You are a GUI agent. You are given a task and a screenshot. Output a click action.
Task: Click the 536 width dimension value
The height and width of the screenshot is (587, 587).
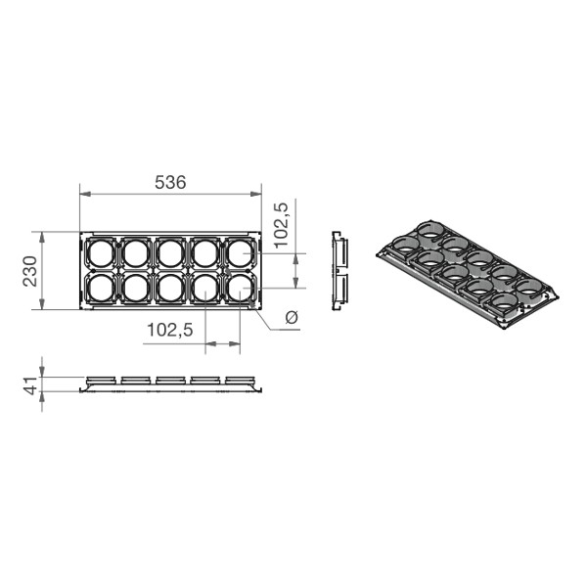click(170, 182)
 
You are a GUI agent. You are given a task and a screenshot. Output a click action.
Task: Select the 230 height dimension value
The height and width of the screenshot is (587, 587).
click(30, 271)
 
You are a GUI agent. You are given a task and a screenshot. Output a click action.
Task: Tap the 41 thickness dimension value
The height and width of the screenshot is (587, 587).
click(30, 385)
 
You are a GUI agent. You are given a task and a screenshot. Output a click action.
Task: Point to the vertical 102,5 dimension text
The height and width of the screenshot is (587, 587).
click(281, 225)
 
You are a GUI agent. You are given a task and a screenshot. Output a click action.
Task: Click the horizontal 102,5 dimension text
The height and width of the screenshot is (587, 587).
click(170, 330)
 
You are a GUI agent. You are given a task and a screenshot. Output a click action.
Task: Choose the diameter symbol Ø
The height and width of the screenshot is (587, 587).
click(292, 317)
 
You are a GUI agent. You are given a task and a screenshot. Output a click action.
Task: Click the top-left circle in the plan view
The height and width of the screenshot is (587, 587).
click(101, 253)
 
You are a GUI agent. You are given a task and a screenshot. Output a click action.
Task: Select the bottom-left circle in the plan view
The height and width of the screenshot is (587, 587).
click(101, 288)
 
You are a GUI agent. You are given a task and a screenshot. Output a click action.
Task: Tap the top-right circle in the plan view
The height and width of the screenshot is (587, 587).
click(240, 253)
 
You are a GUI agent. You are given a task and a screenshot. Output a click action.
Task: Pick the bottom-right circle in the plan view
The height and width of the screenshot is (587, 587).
click(240, 288)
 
